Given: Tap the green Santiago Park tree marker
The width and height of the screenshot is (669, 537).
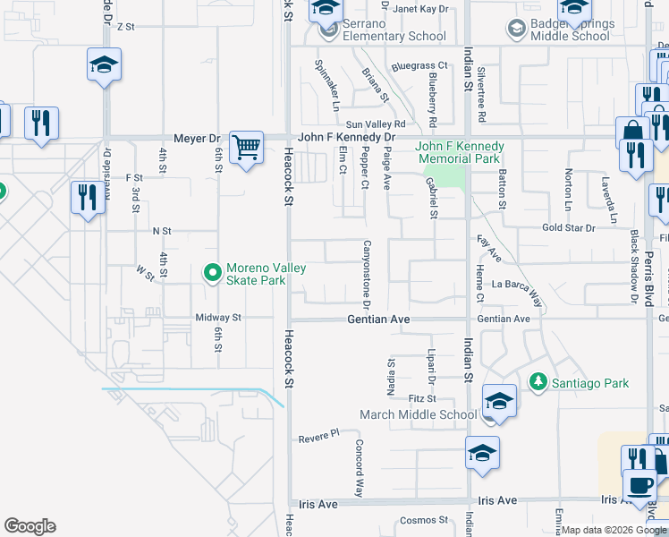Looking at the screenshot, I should pyautogui.click(x=538, y=382).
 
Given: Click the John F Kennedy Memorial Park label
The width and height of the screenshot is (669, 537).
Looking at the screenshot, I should pyautogui.click(x=460, y=152).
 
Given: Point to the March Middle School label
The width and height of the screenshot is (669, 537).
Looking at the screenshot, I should pyautogui.click(x=419, y=414).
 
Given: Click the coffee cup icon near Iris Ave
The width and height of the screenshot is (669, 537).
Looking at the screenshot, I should pyautogui.click(x=639, y=485).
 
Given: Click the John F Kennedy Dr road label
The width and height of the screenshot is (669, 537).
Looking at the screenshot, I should pyautogui.click(x=345, y=138).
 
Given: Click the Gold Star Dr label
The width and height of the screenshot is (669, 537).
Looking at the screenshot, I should pyautogui.click(x=568, y=228).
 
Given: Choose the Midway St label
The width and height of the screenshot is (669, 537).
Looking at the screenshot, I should pyautogui.click(x=218, y=318).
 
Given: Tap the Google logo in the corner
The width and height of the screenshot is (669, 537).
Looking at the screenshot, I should pyautogui.click(x=30, y=526).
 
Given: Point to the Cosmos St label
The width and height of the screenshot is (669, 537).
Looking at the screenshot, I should pyautogui.click(x=423, y=520).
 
